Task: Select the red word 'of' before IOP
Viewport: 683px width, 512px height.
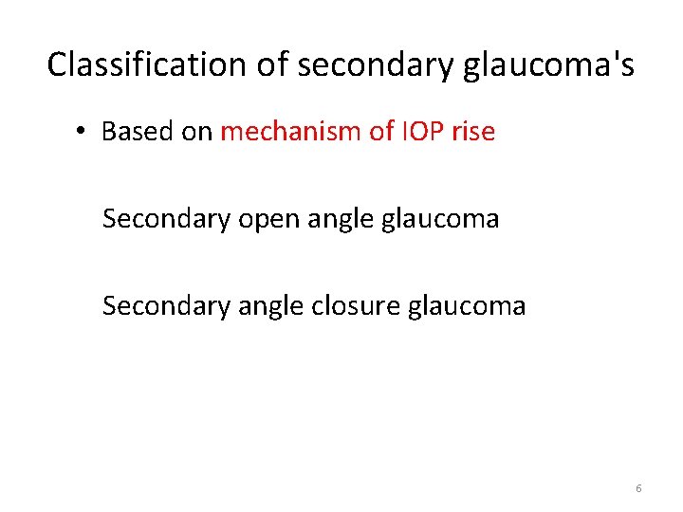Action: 381,132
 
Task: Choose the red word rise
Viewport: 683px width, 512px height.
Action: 473,132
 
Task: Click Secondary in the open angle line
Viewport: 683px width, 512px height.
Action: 166,219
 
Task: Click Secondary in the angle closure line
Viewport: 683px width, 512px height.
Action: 166,306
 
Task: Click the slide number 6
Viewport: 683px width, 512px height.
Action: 638,488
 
